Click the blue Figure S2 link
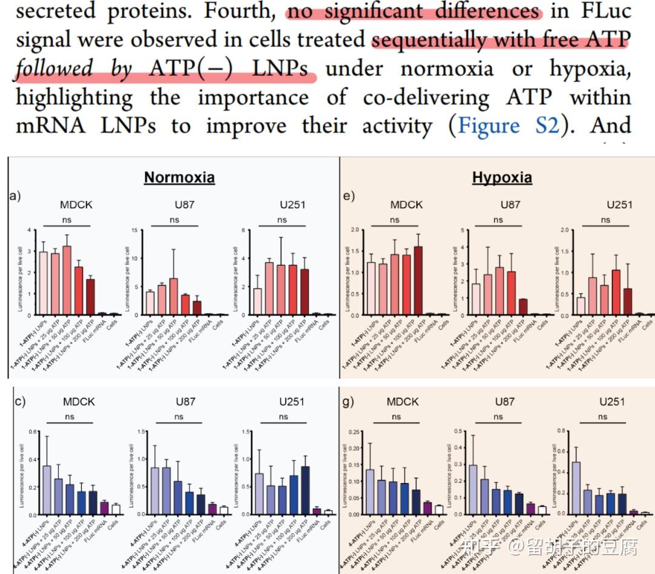[x=508, y=126]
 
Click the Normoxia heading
[x=179, y=177]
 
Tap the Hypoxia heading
[x=502, y=177]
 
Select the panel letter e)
[x=349, y=196]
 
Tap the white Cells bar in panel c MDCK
[x=116, y=509]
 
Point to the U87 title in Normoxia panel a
[x=181, y=204]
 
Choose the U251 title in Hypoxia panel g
[x=611, y=402]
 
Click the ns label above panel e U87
[x=498, y=220]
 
